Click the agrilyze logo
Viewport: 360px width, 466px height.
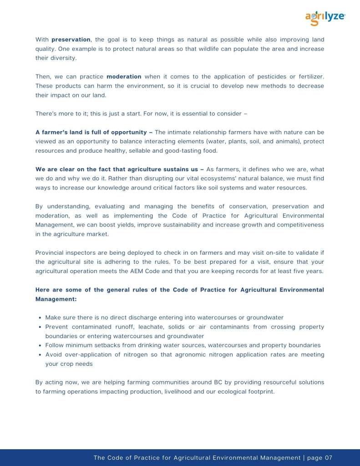click(325, 18)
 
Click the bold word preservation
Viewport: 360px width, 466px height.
click(71, 40)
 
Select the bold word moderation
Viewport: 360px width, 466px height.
click(124, 77)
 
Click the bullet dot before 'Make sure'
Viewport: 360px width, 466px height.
click(41, 317)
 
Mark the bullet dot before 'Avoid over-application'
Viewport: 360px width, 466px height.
click(41, 354)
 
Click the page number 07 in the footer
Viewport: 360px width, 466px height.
click(329, 457)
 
